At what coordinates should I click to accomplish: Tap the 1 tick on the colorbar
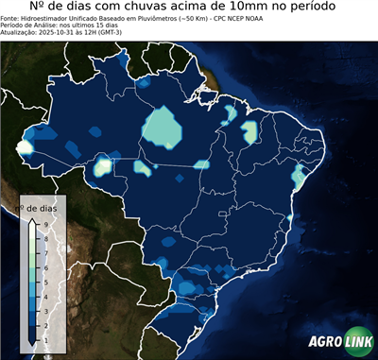pyautogui.click(x=44, y=338)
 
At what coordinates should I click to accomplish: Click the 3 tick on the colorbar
pyautogui.click(x=44, y=310)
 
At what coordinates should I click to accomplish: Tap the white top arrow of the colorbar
pyautogui.click(x=31, y=223)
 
